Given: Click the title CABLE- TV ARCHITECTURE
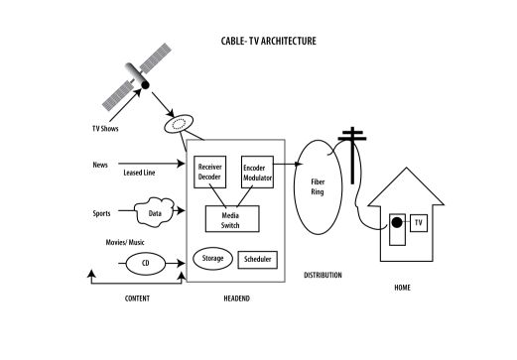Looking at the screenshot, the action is pyautogui.click(x=268, y=41).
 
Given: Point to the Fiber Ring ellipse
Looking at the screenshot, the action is pyautogui.click(x=295, y=187).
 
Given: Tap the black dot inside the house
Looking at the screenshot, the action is pyautogui.click(x=397, y=223).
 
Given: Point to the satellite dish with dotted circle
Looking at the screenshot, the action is pyautogui.click(x=179, y=124).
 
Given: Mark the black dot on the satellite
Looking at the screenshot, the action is pyautogui.click(x=145, y=85).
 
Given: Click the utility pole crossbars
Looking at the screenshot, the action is pyautogui.click(x=352, y=136).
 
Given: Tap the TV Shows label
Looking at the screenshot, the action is pyautogui.click(x=105, y=129).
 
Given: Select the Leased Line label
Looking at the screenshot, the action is pyautogui.click(x=139, y=173).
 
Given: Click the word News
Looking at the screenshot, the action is pyautogui.click(x=100, y=165).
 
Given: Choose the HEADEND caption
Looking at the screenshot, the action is pyautogui.click(x=237, y=299).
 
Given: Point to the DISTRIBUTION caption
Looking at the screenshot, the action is pyautogui.click(x=323, y=275).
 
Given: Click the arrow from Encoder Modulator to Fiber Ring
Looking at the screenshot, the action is pyautogui.click(x=288, y=164).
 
